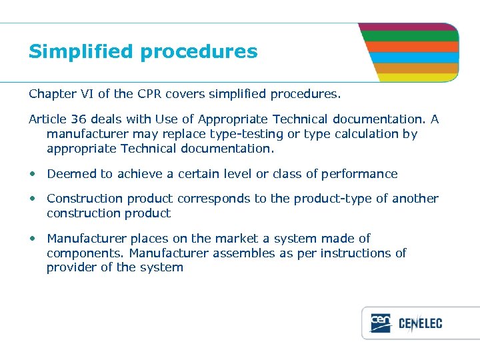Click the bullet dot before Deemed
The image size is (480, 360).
coord(33,174)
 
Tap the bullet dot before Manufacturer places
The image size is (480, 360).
coord(33,239)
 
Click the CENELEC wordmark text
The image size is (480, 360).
coord(420,324)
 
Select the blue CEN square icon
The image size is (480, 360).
coord(380,323)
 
